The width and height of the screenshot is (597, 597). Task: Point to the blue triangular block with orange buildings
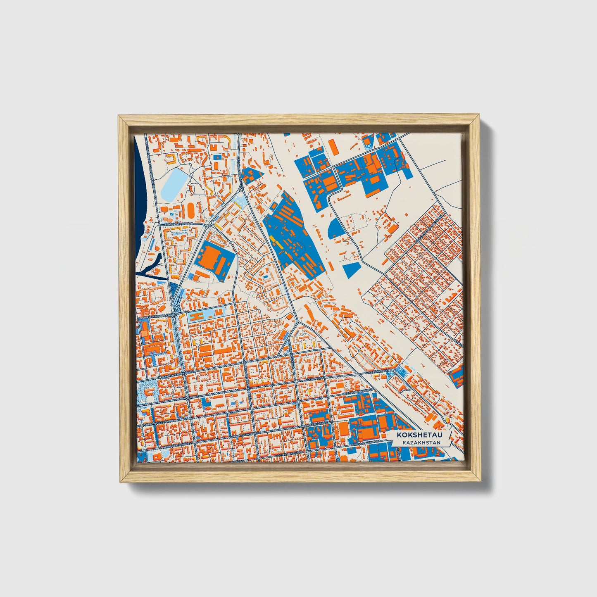tap(250, 175)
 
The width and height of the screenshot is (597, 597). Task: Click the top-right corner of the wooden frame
tap(480, 117)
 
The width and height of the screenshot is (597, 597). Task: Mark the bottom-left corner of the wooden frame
tap(119, 481)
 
